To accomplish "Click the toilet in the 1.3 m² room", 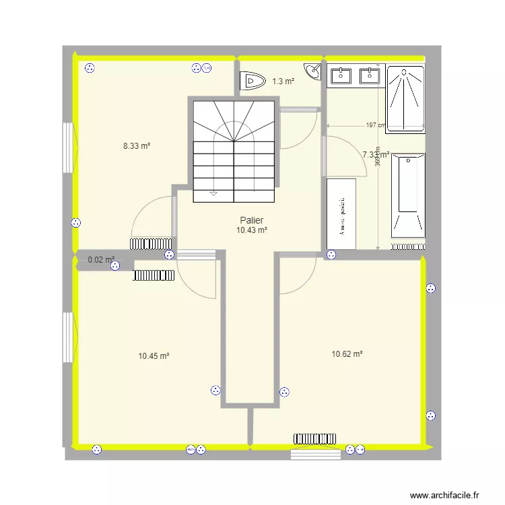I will (250, 81).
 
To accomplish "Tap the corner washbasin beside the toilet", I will (313, 71).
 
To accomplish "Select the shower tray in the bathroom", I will (406, 98).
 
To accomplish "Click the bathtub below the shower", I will (408, 195).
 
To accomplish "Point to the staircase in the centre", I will (234, 150).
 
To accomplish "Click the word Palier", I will (251, 220).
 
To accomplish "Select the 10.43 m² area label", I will (252, 230).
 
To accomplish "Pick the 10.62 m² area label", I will (347, 353).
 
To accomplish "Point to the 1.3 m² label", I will (283, 81).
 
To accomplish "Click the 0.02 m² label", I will (101, 259).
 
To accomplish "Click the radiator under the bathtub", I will (408, 246).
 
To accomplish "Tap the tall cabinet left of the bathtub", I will (341, 214).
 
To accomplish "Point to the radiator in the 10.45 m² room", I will (154, 275).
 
